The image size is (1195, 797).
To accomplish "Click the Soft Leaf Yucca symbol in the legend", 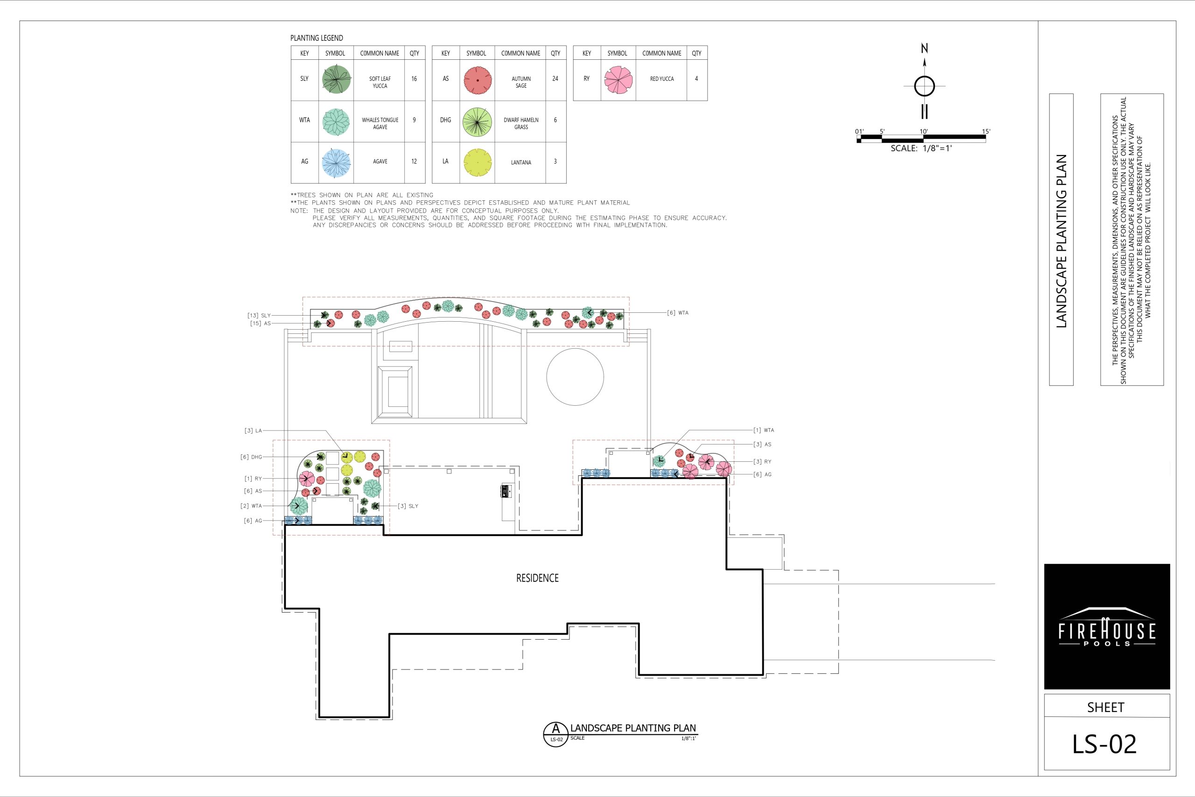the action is (337, 79).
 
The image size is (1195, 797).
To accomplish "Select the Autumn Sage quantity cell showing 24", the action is (555, 79).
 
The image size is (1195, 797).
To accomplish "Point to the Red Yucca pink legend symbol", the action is (619, 80).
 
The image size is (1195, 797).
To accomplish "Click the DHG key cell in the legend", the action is (446, 120).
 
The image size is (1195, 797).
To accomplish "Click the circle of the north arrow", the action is (924, 86).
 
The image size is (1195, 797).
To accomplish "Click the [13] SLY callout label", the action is (259, 316).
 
